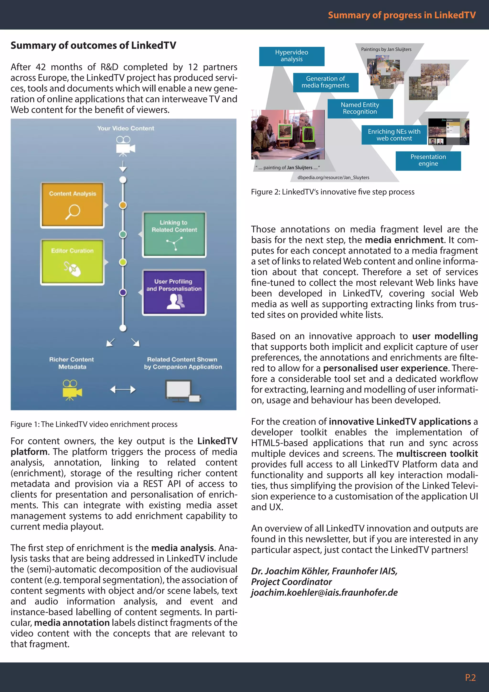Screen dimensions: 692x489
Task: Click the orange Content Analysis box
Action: (72, 205)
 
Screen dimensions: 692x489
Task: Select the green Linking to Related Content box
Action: (174, 234)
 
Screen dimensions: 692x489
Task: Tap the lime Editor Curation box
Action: (72, 262)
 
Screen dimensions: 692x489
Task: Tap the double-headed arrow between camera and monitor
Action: (123, 390)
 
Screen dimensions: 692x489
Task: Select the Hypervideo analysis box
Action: (292, 56)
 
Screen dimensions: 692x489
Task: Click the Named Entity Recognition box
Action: (360, 108)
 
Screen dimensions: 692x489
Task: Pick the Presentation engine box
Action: (428, 161)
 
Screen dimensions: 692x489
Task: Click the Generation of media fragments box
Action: (325, 82)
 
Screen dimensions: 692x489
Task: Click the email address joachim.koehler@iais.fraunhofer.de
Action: (324, 593)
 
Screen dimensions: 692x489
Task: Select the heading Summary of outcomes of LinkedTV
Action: (93, 45)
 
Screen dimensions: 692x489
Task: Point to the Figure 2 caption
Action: (332, 192)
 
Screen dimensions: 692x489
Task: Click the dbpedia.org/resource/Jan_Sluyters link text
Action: (333, 178)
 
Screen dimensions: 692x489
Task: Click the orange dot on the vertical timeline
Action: (123, 205)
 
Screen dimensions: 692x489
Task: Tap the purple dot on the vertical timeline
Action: (123, 292)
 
